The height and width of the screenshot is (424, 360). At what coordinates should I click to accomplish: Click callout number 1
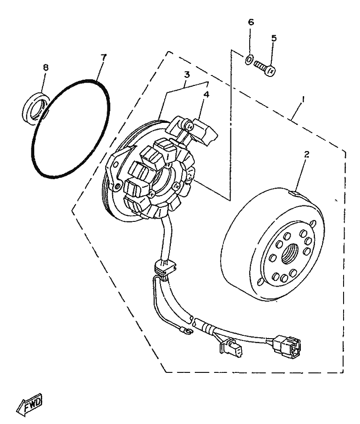coord(304,99)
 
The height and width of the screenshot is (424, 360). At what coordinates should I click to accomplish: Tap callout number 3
coord(186,75)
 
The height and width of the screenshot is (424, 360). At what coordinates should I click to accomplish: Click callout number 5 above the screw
coord(274,38)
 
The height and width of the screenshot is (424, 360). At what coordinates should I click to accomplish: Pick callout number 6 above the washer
coord(250,22)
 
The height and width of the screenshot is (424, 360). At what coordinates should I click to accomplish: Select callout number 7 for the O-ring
coord(104,57)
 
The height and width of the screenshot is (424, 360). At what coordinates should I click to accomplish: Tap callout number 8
coord(46,68)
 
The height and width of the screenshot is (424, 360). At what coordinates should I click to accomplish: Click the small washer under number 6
coord(250,60)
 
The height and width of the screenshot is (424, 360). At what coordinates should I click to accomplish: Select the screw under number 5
coord(265,68)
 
